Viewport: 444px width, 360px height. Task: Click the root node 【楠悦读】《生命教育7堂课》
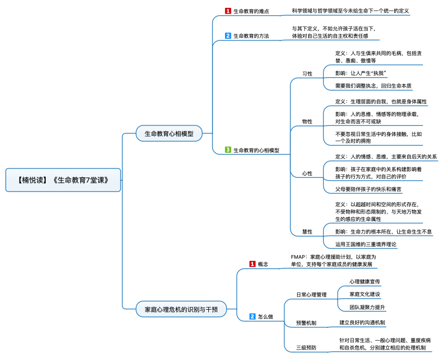tap(63, 180)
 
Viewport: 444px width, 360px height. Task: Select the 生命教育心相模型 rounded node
tap(169, 133)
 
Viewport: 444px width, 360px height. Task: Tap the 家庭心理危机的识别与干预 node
tap(181, 309)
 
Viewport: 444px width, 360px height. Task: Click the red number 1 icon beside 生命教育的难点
tap(228, 11)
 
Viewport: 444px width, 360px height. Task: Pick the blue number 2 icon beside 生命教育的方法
tap(228, 36)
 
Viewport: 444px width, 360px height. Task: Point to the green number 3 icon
tap(228, 150)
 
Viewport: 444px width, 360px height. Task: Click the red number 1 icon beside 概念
tap(252, 264)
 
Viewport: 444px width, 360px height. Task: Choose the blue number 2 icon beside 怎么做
tap(252, 316)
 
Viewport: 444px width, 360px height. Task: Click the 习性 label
tap(307, 73)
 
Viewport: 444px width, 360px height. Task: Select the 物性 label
tap(307, 122)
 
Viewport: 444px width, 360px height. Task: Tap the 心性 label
tap(307, 174)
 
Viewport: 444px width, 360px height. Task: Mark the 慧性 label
tap(307, 232)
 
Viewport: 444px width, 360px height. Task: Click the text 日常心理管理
tap(311, 294)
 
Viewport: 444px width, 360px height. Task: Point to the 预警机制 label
tap(306, 323)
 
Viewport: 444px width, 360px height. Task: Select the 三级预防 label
tap(306, 347)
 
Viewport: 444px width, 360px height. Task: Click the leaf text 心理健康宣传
tap(365, 281)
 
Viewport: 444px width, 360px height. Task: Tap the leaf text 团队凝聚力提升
tap(367, 308)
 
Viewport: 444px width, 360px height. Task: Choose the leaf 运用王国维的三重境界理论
tap(366, 244)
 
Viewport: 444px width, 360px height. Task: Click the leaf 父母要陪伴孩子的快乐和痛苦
tap(368, 189)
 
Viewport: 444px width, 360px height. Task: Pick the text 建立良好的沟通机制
tap(362, 323)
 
